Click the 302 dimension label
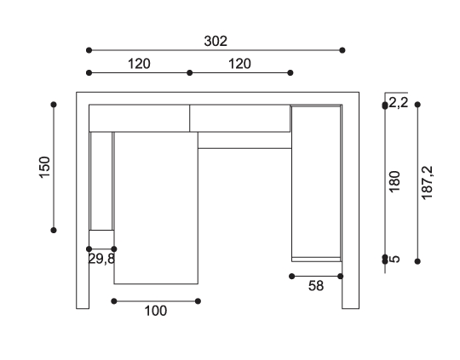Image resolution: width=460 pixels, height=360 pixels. point(216,42)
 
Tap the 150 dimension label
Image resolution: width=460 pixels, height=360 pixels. point(44,167)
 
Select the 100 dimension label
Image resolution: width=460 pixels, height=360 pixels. point(156,311)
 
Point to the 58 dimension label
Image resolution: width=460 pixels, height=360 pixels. point(316,286)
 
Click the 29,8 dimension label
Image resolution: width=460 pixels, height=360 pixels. point(101,259)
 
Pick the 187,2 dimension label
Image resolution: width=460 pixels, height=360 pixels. point(427,183)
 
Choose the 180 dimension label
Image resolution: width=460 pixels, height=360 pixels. point(394,181)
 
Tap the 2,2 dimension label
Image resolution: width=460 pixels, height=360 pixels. point(399,103)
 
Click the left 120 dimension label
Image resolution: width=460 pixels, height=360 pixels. point(139,64)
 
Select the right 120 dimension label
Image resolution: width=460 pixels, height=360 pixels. point(239,64)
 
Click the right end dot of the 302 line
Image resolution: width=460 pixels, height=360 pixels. point(342,50)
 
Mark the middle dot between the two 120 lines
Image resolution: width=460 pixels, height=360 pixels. point(190,72)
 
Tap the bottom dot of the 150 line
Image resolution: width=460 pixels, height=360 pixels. point(54,231)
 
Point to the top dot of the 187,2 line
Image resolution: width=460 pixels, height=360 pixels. point(417,105)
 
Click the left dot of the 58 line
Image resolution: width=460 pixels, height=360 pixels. point(291,276)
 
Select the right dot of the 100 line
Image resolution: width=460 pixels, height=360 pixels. point(198,301)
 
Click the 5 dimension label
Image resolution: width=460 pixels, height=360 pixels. point(396,259)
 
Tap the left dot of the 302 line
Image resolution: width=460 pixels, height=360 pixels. point(89,50)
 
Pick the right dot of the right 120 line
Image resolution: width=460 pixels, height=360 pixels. point(290,72)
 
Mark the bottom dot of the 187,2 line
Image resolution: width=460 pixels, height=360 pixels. point(417,261)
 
